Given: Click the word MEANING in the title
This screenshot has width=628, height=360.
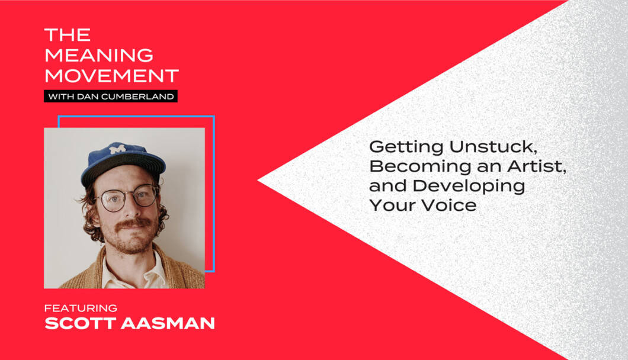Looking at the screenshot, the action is [99, 55].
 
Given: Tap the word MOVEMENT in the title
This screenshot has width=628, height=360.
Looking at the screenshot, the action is [112, 76].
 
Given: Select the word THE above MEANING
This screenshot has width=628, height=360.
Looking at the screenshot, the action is [68, 35].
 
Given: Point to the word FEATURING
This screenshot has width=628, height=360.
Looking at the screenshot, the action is [81, 308].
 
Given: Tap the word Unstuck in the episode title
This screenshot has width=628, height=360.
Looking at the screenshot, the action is [493, 147].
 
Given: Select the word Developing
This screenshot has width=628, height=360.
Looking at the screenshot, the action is [469, 187].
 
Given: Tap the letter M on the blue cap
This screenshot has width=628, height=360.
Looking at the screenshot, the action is [117, 149].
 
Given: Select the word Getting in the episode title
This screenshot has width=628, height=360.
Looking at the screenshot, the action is [406, 147].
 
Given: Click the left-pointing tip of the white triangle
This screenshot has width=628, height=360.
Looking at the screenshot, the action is [258, 181].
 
